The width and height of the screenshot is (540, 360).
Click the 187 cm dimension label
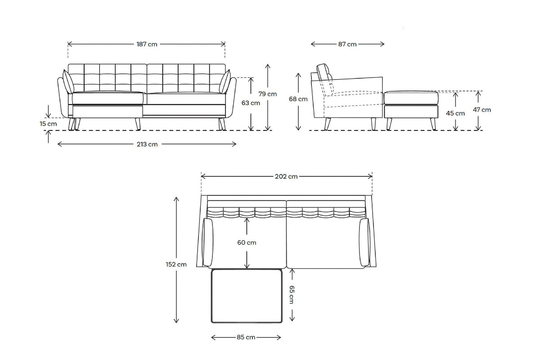(x=147, y=44)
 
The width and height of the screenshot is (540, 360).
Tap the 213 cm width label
(x=147, y=144)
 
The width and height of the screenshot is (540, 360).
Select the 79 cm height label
(x=268, y=94)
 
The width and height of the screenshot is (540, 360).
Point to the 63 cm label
(x=251, y=103)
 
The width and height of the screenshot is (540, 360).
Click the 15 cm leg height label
(x=48, y=123)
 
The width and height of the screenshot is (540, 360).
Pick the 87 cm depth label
(x=347, y=44)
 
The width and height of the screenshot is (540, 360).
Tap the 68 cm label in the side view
(x=298, y=99)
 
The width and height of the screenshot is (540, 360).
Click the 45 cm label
(x=455, y=113)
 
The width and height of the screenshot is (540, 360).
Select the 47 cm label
(x=482, y=109)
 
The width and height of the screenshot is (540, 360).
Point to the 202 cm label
(x=287, y=176)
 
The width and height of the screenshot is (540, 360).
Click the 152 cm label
(x=176, y=265)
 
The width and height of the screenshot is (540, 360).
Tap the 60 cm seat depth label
(x=247, y=243)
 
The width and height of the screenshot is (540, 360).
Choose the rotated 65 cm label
(x=292, y=295)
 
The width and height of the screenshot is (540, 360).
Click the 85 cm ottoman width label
(x=246, y=337)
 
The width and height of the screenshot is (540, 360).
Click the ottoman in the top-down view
(x=246, y=296)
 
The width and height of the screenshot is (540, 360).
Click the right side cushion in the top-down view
(x=365, y=243)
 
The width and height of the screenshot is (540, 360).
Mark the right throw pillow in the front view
(x=225, y=82)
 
